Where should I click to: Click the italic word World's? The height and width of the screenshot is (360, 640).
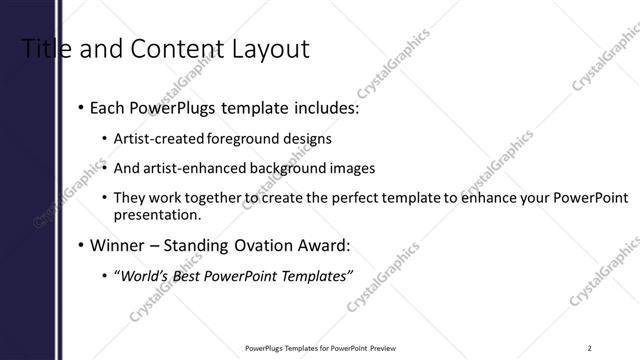point(144,275)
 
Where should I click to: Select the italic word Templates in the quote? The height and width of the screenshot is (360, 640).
point(316,275)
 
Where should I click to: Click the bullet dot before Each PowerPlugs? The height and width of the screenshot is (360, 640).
point(79,108)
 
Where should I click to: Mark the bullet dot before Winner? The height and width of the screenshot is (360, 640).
point(79,244)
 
